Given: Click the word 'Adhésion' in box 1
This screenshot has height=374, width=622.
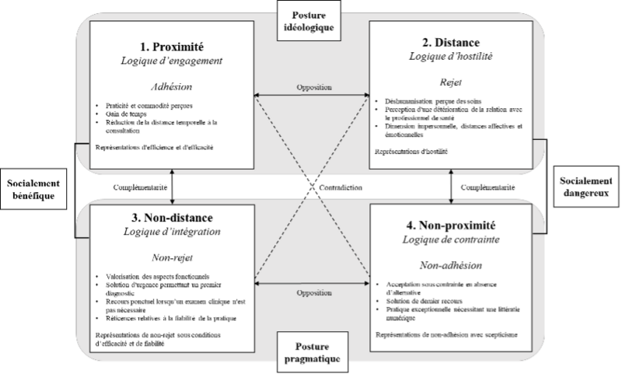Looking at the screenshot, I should point(173,86).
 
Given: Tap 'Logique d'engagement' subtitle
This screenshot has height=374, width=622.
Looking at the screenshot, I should point(173,61).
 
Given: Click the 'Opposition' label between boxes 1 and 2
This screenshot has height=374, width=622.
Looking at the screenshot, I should point(311,87).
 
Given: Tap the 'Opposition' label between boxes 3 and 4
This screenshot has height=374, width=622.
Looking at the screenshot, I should point(311,294).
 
